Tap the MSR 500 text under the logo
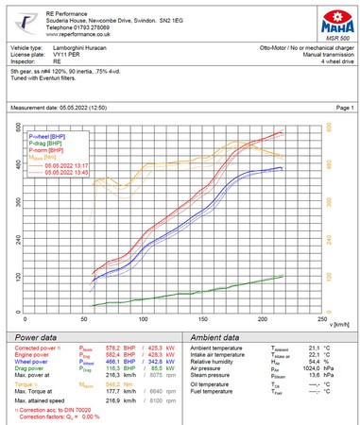pyautogui.click(x=334, y=31)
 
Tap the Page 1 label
pyautogui.click(x=344, y=108)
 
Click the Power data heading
pyautogui.click(x=36, y=337)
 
